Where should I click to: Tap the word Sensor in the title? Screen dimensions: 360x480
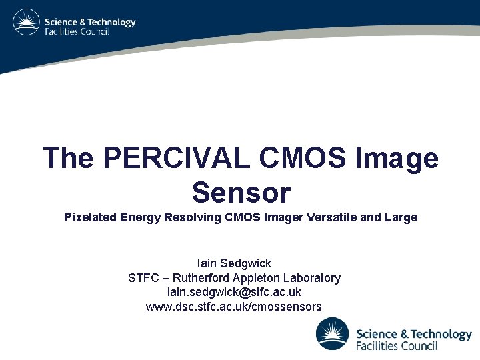(241, 192)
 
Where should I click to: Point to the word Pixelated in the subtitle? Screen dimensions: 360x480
(89, 217)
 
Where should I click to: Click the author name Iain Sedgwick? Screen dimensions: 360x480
(234, 263)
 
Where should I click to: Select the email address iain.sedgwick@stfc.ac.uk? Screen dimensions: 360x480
(234, 292)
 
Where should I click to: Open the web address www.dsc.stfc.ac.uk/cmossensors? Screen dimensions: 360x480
(234, 307)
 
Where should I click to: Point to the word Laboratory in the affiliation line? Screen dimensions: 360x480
(312, 278)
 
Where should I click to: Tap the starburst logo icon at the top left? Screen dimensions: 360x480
(27, 23)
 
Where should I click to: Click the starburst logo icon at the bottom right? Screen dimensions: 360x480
(332, 333)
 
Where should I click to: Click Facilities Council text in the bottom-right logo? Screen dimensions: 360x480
(397, 346)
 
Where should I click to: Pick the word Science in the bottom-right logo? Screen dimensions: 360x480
(378, 333)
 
